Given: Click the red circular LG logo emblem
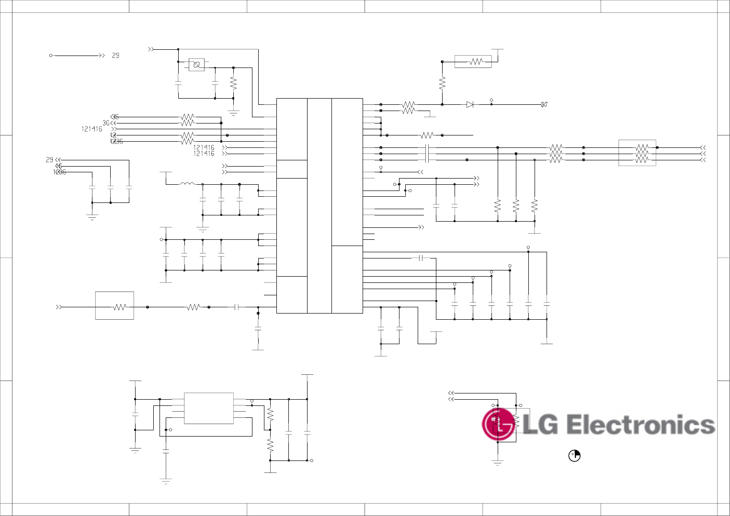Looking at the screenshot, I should click(x=498, y=424).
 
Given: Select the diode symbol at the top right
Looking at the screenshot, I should click(x=470, y=104).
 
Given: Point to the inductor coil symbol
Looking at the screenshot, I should click(x=187, y=184).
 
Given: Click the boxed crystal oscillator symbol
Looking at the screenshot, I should click(x=196, y=65).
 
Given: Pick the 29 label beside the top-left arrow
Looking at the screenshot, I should click(x=115, y=56).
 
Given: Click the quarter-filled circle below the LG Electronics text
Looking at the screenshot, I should click(x=574, y=456).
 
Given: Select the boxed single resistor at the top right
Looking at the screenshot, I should click(x=473, y=62).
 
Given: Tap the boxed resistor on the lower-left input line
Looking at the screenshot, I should click(x=114, y=305).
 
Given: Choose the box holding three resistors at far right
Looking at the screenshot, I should click(x=637, y=153).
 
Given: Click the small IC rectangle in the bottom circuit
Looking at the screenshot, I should click(x=209, y=408).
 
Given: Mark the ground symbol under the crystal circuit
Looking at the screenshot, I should click(x=234, y=113).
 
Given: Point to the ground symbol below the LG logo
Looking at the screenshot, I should click(x=498, y=462).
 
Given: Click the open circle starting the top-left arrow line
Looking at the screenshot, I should click(x=51, y=56).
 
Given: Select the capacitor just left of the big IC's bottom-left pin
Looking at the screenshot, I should click(x=237, y=307).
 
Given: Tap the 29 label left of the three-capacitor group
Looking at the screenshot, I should click(x=49, y=160).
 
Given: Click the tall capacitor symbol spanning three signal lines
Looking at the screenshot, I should click(x=426, y=154).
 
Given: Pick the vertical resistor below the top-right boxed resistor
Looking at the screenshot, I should click(x=442, y=83).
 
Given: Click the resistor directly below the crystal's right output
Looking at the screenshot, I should click(x=233, y=83).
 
